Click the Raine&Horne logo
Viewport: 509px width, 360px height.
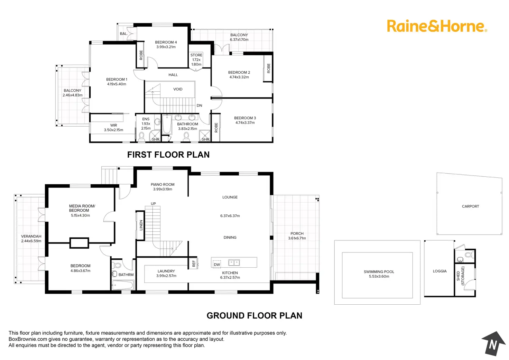[437, 26]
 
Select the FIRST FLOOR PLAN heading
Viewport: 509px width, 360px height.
[168, 155]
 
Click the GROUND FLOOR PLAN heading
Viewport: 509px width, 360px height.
[254, 315]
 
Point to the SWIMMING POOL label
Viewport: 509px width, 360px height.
[379, 272]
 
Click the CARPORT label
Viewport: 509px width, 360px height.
[470, 206]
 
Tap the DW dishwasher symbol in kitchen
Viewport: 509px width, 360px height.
[217, 265]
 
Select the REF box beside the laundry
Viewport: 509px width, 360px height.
[194, 264]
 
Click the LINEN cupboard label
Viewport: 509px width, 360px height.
[141, 225]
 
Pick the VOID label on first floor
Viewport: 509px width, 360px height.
[178, 89]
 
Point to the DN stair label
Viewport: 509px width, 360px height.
[199, 105]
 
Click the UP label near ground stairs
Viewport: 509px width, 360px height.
[153, 204]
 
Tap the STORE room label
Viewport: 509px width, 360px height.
[196, 55]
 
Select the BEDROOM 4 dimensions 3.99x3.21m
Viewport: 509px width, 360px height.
[166, 47]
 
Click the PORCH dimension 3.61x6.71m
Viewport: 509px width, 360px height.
[297, 238]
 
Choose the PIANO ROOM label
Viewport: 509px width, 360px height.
[163, 185]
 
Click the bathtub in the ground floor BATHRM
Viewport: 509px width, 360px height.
[123, 285]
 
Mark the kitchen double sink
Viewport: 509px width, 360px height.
[234, 263]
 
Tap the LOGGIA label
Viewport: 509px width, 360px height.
[439, 271]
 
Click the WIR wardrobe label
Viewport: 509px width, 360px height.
[113, 126]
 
